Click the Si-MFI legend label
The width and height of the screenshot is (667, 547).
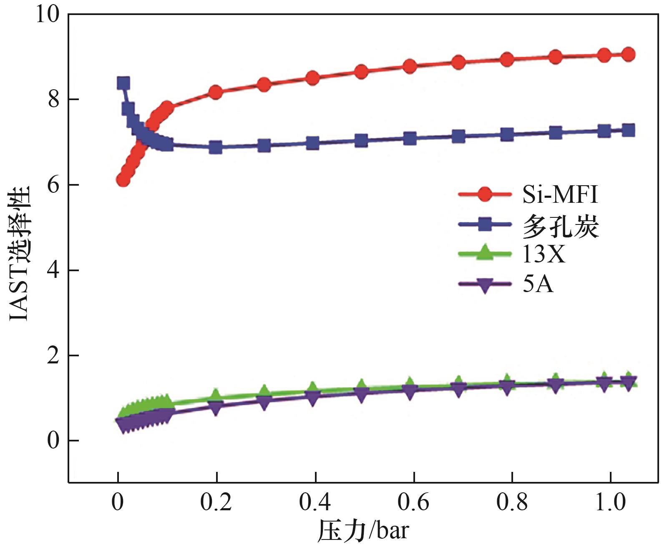[560, 194]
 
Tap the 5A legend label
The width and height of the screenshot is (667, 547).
[538, 284]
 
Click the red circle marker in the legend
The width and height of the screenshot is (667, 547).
[484, 194]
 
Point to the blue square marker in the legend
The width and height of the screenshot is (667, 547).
[484, 225]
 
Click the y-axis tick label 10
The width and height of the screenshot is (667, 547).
[47, 14]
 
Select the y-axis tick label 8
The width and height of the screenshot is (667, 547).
[53, 100]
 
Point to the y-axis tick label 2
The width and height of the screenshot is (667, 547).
[53, 355]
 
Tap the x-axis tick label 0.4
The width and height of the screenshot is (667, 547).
[315, 502]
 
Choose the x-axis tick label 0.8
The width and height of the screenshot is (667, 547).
[512, 502]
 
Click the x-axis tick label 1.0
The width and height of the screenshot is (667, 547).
[610, 502]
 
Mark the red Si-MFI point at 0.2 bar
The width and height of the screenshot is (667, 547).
[216, 92]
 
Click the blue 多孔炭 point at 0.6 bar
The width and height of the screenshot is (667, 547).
[410, 138]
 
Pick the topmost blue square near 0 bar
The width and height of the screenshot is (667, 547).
[123, 83]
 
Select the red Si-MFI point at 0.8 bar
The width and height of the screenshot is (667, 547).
[507, 59]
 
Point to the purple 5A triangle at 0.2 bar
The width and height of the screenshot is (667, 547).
[216, 408]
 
